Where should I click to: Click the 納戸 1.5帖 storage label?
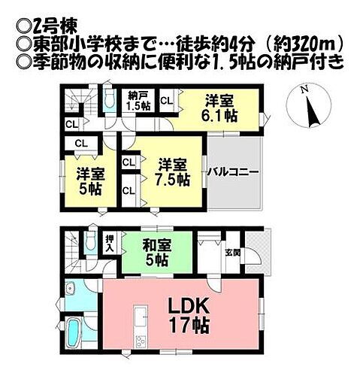pyautogui.click(x=138, y=101)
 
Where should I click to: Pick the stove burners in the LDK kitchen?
pyautogui.click(x=138, y=344)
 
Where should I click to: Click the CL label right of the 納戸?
pyautogui.click(x=167, y=99)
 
